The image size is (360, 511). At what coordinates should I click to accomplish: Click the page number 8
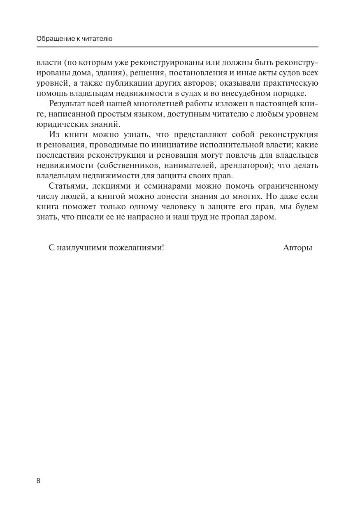tap(38, 481)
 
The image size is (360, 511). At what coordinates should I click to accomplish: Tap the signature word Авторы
tap(297, 247)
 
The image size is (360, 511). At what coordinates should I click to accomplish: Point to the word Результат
tap(66, 104)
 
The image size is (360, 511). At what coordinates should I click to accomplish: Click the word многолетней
tap(150, 104)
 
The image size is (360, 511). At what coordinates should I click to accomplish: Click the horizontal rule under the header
tap(177, 47)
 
